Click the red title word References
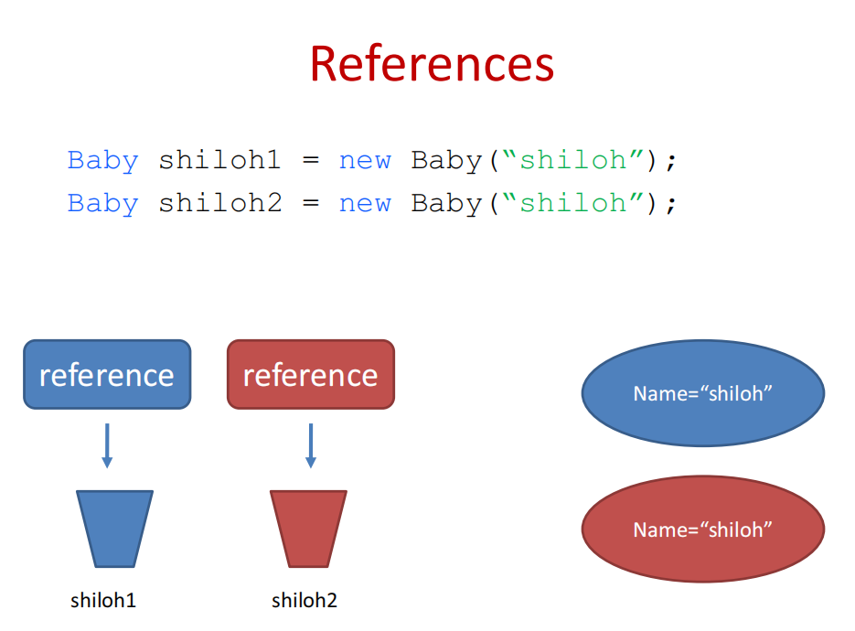[432, 64]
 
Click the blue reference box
[107, 374]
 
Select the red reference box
[310, 374]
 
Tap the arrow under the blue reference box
[107, 445]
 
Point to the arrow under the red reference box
[310, 445]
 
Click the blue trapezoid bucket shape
[114, 529]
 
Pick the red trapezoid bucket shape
[308, 529]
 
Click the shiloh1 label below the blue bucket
[103, 601]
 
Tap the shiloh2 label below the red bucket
[305, 601]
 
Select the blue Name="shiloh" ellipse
[702, 393]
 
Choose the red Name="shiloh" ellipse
[702, 529]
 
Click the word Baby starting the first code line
[102, 161]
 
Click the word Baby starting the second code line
[102, 203]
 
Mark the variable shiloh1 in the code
[219, 161]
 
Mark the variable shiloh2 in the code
[219, 203]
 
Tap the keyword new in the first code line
[365, 161]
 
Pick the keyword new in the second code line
[365, 203]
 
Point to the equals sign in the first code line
[311, 162]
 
